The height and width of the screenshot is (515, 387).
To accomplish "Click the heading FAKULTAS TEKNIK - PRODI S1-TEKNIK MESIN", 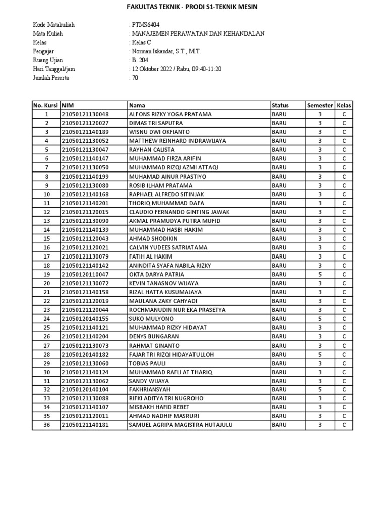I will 193,7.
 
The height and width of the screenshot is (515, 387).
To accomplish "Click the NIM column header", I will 68,105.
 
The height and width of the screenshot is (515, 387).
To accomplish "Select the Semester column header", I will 320,105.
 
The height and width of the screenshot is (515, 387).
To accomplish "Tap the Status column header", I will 280,105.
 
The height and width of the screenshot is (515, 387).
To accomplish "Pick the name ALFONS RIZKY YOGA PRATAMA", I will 170,114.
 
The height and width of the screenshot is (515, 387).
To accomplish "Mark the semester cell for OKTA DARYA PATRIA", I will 320,275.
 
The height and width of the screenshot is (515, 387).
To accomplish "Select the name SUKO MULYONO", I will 151,319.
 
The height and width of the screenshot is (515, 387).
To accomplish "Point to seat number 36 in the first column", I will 46,425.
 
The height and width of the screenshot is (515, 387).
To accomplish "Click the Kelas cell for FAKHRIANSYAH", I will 344,390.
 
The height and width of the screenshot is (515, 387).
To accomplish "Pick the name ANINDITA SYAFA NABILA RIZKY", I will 170,266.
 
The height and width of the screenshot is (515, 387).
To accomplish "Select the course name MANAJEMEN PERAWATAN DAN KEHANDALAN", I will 197,34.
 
